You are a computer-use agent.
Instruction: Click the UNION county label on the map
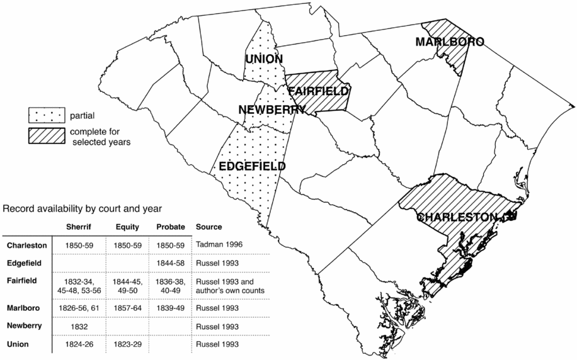click(x=264, y=59)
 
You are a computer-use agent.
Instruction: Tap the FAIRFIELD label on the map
click(x=318, y=92)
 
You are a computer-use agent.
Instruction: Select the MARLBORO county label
click(x=450, y=42)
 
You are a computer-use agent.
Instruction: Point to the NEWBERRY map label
click(x=272, y=110)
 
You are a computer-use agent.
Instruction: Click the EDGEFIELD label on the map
click(x=252, y=167)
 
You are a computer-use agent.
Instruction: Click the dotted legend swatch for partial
click(x=47, y=116)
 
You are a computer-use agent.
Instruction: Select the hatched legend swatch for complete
click(x=47, y=136)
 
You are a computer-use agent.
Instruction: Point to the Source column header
click(x=209, y=227)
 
